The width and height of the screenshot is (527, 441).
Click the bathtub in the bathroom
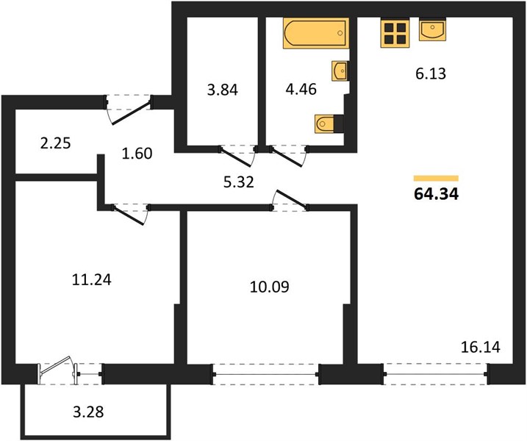(316, 33)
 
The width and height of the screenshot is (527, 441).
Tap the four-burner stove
(395, 33)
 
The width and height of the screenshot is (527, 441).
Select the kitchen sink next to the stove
(433, 29)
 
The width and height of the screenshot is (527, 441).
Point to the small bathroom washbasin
(340, 71)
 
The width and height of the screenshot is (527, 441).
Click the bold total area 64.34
(437, 194)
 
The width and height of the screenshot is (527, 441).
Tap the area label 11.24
(91, 279)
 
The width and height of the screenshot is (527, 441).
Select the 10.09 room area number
(270, 287)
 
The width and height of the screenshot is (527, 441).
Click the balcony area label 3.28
(88, 412)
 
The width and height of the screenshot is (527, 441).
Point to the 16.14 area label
(480, 347)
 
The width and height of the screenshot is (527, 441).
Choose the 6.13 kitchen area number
(431, 73)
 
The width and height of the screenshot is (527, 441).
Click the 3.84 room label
(223, 90)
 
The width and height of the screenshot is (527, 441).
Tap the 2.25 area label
(55, 143)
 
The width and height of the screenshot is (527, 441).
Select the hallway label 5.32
(239, 182)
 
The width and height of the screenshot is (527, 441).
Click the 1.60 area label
(137, 154)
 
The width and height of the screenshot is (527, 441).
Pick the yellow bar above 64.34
(436, 178)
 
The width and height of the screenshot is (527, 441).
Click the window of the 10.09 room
(265, 374)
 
